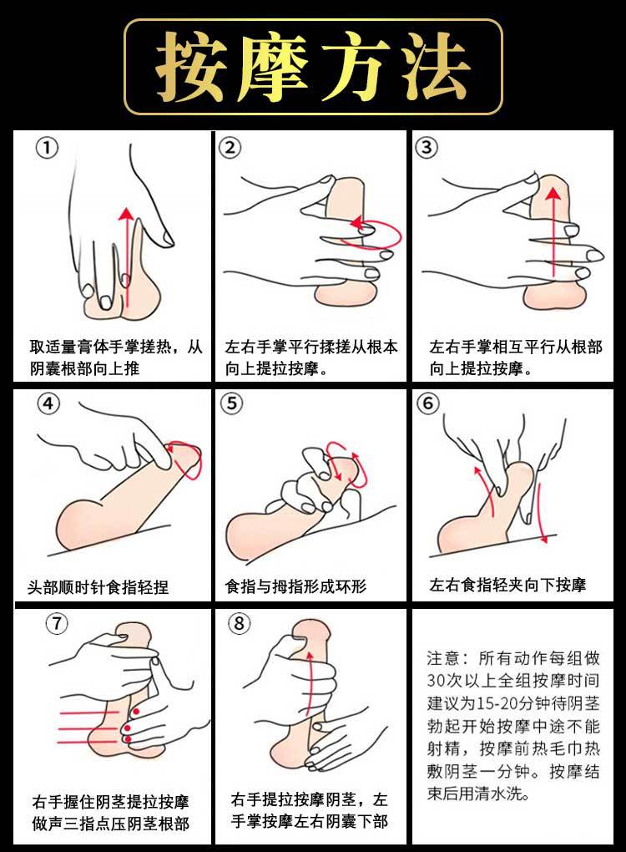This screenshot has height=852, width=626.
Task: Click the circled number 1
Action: click(x=47, y=147)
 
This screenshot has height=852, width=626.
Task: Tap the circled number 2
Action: click(x=230, y=147)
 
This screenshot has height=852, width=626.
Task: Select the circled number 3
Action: click(x=427, y=147)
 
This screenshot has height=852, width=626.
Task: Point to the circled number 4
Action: click(x=48, y=403)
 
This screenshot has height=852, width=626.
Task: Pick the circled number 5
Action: click(x=232, y=403)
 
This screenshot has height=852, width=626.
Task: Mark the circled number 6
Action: click(x=428, y=403)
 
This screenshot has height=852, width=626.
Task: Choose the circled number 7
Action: click(x=57, y=623)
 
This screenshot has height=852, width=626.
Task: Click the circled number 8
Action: click(x=239, y=622)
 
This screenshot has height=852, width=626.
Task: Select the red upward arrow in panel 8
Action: click(x=309, y=682)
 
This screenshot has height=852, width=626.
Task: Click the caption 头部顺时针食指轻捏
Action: click(x=98, y=587)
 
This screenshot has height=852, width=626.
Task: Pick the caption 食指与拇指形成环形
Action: click(x=296, y=586)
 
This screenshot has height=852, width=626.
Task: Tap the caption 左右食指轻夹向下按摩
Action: click(x=507, y=585)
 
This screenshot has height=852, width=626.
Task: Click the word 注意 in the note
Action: click(x=443, y=658)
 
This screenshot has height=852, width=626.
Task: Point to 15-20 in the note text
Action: click(x=497, y=703)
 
